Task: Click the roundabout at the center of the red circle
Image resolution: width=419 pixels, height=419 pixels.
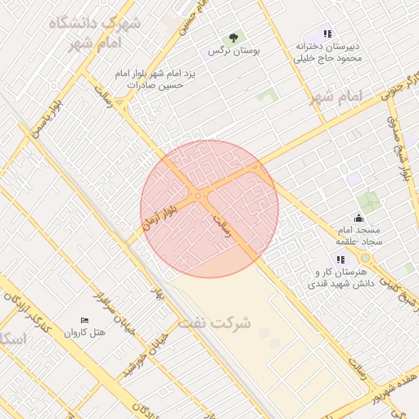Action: [x=197, y=196]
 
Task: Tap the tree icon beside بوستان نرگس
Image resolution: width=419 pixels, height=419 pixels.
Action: [x=234, y=37]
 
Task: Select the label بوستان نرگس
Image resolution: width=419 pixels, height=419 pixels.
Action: [x=234, y=51]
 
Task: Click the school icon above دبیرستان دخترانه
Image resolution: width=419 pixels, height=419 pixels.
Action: [x=327, y=34]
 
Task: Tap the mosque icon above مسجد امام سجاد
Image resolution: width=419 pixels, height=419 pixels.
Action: [x=358, y=217]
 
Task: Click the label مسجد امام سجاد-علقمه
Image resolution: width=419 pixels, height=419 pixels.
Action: [x=358, y=236]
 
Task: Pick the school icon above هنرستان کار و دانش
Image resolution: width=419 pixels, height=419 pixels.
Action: [x=340, y=259]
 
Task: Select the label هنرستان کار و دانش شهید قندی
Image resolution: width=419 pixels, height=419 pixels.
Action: [x=340, y=278]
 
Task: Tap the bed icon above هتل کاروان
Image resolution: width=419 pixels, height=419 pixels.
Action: [x=83, y=320]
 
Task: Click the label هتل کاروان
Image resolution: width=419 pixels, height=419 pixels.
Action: [x=85, y=333]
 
